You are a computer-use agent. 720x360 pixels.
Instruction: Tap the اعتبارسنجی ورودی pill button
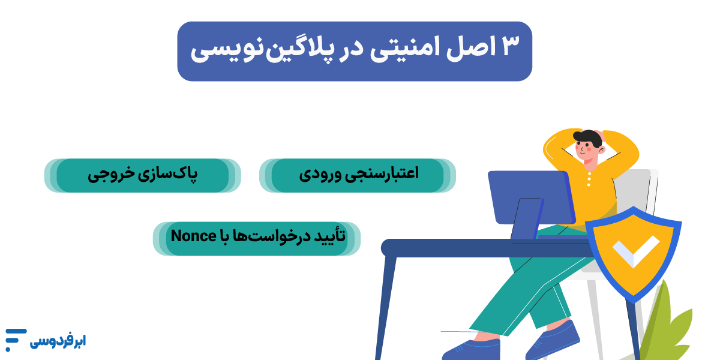pos(358,175)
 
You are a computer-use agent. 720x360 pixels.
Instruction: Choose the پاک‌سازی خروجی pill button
pos(143,175)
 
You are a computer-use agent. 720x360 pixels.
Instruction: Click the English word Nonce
pos(193,236)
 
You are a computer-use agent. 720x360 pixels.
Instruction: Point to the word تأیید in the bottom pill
pos(329,236)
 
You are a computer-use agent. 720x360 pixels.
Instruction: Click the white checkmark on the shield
pos(636,251)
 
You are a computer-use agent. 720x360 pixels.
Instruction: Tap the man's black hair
pos(589,137)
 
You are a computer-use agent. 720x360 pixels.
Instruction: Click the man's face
pos(587,151)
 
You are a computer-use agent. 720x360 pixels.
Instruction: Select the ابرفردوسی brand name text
pos(58,341)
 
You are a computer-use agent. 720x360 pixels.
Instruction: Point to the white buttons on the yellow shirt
pos(589,179)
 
